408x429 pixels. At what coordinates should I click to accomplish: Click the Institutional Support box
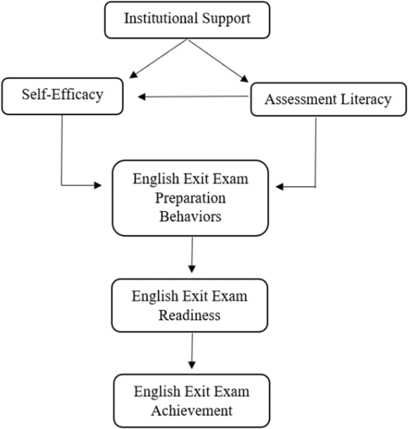187,20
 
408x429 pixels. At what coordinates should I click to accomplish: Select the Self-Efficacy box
62,96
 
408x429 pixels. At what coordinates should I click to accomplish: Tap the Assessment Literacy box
328,99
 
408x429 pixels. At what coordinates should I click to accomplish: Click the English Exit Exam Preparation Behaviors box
190,197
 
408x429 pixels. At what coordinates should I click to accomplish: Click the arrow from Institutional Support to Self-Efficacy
158,59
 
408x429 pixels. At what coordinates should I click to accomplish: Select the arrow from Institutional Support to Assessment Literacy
218,60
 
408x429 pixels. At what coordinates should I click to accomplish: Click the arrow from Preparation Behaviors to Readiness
191,254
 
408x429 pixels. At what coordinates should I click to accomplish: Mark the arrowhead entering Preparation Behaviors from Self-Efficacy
98,185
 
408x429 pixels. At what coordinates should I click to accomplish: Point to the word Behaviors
190,216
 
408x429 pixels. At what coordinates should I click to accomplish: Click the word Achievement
191,410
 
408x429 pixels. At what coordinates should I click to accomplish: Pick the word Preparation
190,197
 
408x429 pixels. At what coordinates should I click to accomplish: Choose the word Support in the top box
226,19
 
